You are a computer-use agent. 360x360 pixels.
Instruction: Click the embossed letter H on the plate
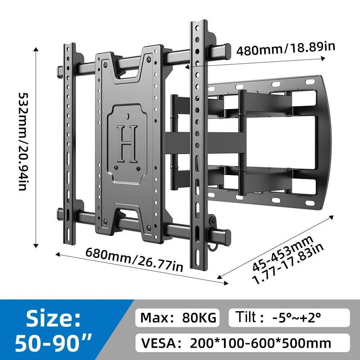click(127, 144)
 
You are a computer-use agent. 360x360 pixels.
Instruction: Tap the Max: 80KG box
click(177, 318)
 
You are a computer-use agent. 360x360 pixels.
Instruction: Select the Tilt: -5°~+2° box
click(289, 318)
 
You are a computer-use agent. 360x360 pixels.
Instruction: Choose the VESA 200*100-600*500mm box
click(242, 343)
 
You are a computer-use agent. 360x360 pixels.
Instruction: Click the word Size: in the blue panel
click(53, 319)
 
